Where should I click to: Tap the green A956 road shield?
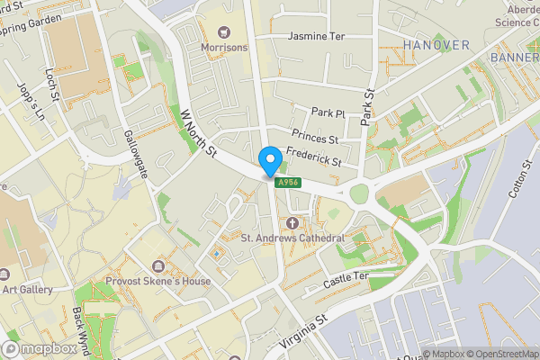pyautogui.click(x=288, y=183)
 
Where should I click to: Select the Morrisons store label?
pyautogui.click(x=224, y=47)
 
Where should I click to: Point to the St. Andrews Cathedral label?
pyautogui.click(x=293, y=238)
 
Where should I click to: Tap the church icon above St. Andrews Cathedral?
pyautogui.click(x=292, y=222)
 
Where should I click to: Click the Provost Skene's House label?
pyautogui.click(x=162, y=282)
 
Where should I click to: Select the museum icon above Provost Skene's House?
pyautogui.click(x=159, y=266)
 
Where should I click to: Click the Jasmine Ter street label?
pyautogui.click(x=316, y=37)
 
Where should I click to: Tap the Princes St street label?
pyautogui.click(x=320, y=139)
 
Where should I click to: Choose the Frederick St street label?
pyautogui.click(x=313, y=157)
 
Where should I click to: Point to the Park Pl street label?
pyautogui.click(x=328, y=112)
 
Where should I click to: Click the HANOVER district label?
pyautogui.click(x=436, y=45)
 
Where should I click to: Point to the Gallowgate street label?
pyautogui.click(x=134, y=153)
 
